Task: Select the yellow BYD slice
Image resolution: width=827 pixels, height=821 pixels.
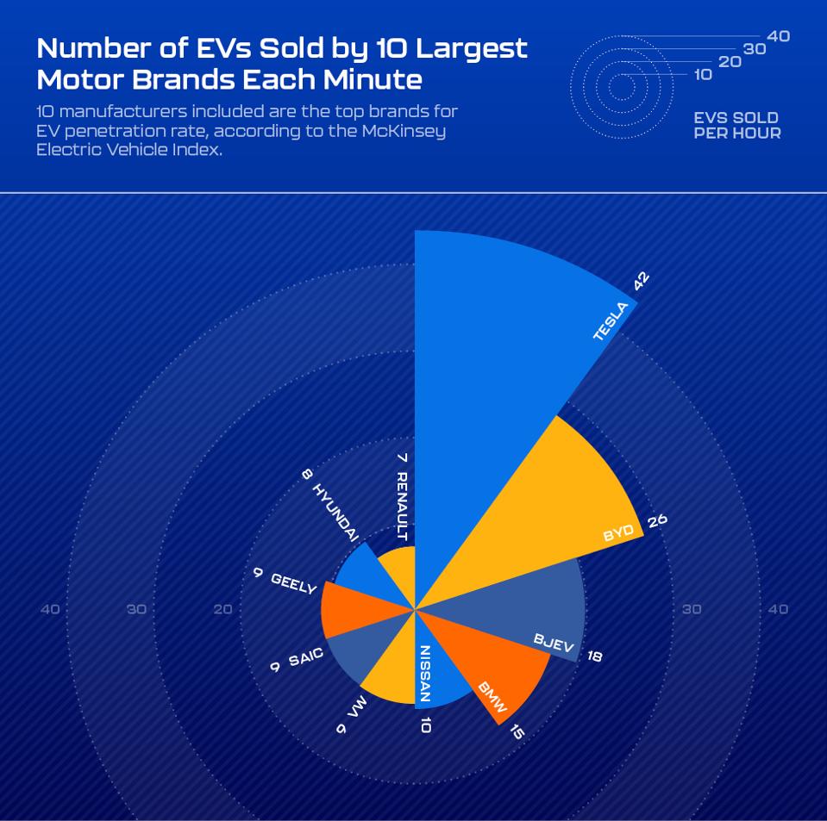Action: [x=552, y=508]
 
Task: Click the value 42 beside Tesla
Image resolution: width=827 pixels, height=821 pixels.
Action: [x=641, y=283]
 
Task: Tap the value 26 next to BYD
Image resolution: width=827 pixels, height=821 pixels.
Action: [x=658, y=520]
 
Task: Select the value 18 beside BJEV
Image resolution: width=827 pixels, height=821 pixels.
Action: [x=594, y=656]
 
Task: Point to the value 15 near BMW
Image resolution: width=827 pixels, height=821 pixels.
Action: [x=516, y=732]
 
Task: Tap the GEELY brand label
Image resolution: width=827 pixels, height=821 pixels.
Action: [x=293, y=583]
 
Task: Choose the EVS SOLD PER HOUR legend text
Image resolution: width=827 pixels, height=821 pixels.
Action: [x=736, y=125]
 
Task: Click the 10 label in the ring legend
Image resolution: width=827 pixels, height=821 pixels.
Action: [x=703, y=75]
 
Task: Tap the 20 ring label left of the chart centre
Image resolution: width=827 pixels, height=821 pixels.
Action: [x=222, y=609]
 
